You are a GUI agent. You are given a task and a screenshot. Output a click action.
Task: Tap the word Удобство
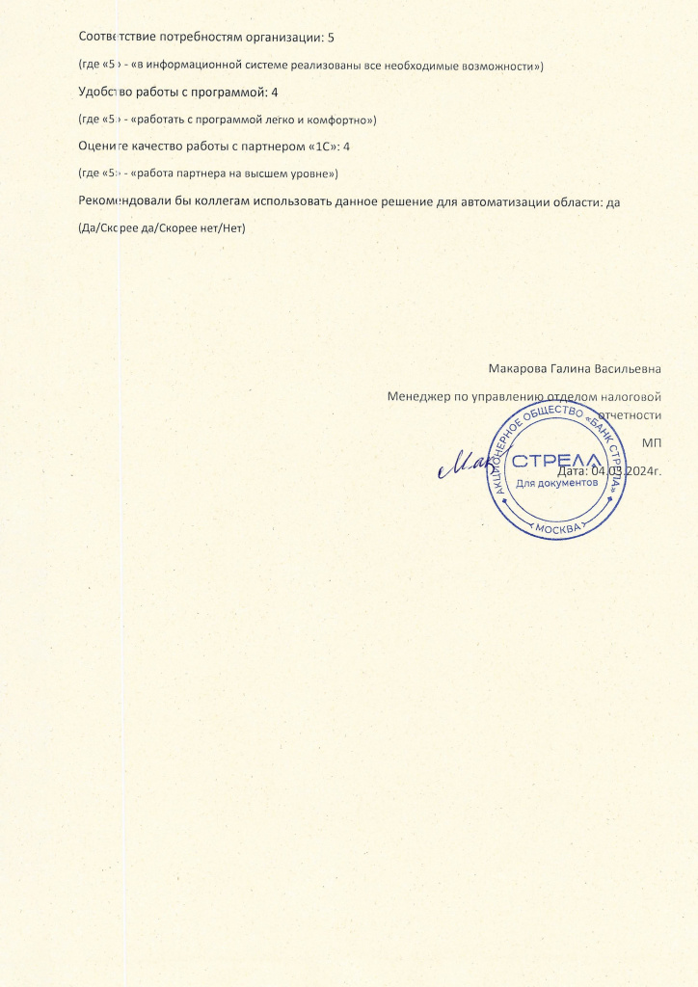104,92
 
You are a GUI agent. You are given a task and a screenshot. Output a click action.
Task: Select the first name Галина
574,367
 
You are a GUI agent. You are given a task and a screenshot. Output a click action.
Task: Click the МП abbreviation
651,442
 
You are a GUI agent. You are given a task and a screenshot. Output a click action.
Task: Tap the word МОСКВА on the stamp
557,529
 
